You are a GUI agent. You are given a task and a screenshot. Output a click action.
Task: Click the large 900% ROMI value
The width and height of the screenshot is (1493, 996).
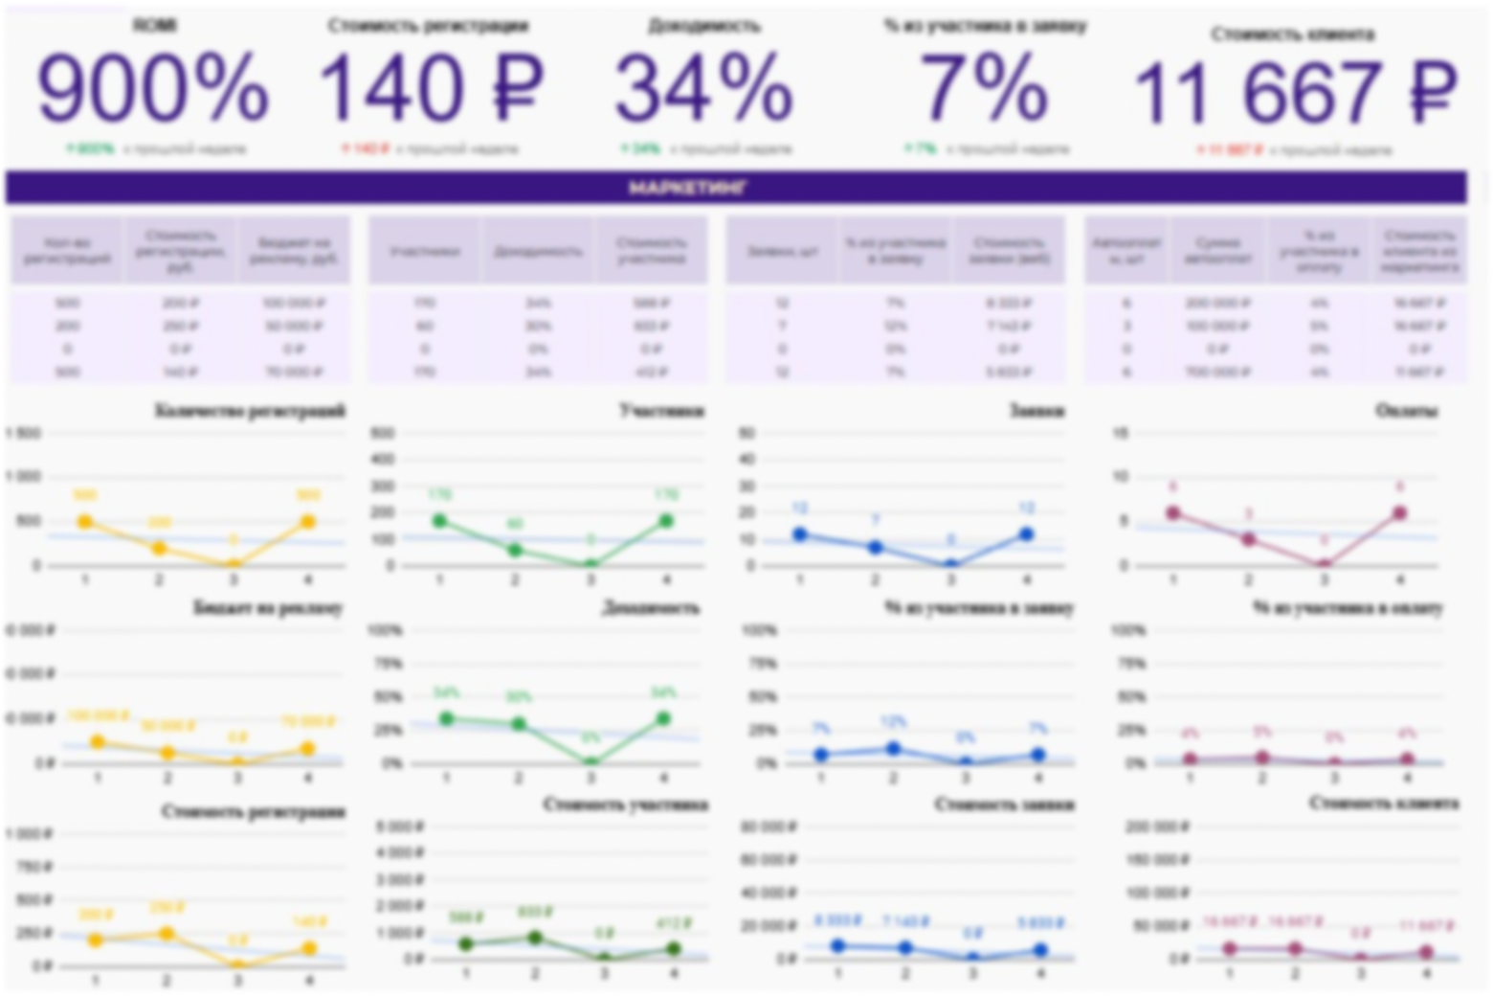click(153, 89)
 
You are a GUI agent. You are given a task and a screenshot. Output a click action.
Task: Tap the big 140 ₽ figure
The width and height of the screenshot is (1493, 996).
click(430, 89)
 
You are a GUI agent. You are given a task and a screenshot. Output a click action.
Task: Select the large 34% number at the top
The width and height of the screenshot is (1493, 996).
click(704, 89)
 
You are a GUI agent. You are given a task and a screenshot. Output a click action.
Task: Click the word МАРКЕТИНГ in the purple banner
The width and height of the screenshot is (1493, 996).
click(688, 189)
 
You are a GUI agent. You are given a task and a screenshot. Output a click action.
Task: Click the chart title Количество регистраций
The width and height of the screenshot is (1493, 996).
click(249, 412)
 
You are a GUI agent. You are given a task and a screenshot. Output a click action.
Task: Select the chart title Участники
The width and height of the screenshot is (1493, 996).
click(661, 412)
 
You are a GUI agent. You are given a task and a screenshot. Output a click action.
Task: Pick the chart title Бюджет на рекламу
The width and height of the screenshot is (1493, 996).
click(268, 608)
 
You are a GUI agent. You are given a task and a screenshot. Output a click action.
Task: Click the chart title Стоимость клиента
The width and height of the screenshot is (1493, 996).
click(1384, 804)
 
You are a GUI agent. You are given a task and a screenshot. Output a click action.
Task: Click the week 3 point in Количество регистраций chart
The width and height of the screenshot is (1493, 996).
click(233, 565)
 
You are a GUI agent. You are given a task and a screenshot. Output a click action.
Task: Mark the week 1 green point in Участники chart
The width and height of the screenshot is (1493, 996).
click(440, 521)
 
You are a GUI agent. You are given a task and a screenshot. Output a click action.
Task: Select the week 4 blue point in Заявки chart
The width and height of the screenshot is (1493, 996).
click(1026, 534)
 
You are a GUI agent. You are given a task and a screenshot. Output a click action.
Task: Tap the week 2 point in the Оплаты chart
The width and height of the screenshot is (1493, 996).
click(1249, 540)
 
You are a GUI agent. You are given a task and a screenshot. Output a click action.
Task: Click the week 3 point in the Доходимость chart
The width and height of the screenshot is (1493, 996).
click(591, 762)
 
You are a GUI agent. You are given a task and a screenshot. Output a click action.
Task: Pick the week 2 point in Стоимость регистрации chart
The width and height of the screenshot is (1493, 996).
click(167, 933)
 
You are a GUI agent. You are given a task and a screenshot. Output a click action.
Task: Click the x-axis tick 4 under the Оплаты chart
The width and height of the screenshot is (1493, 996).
click(1400, 580)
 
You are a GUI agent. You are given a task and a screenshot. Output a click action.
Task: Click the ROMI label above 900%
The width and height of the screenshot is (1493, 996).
click(153, 26)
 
